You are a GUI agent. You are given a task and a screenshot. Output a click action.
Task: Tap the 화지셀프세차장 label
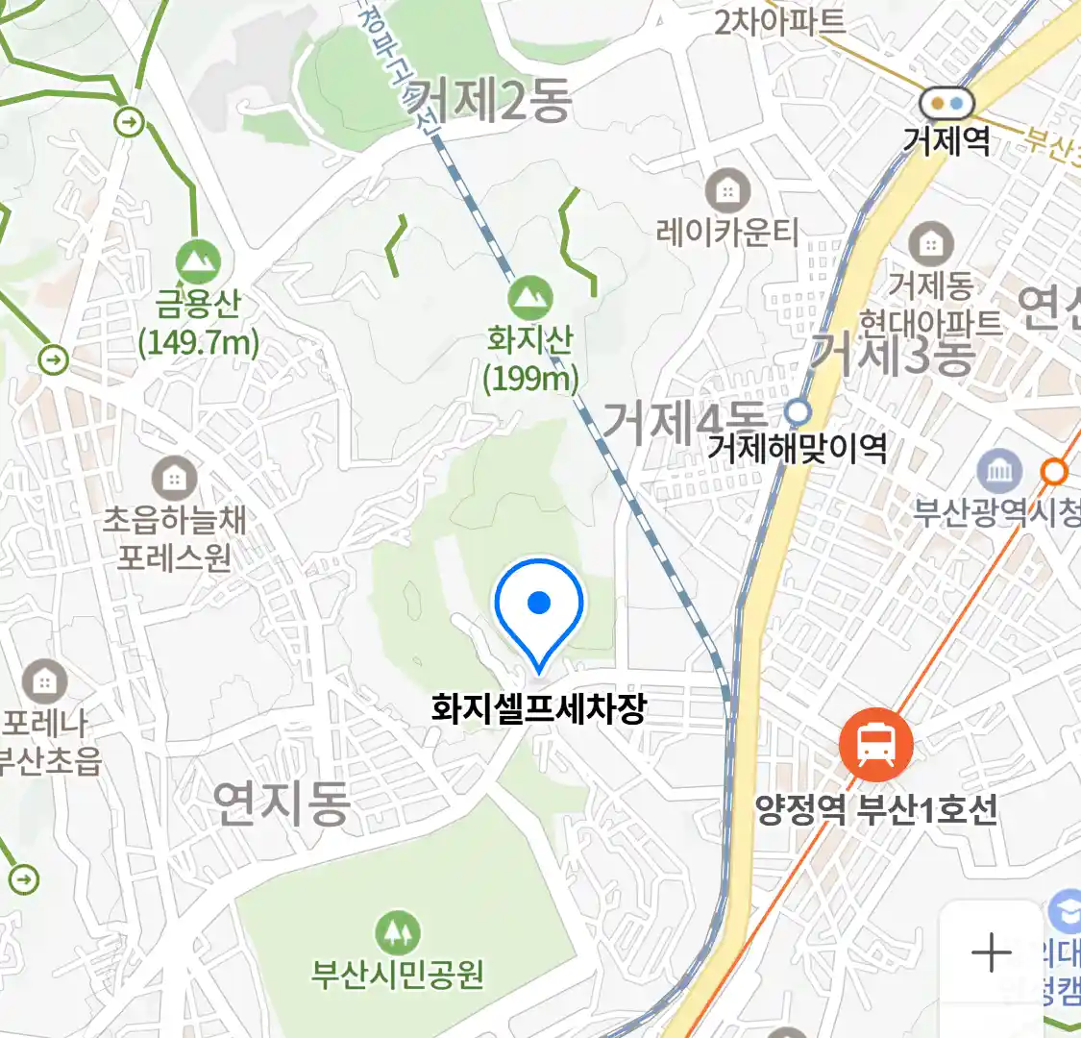click(539, 709)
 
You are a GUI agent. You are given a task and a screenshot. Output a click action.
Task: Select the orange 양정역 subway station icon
click(875, 745)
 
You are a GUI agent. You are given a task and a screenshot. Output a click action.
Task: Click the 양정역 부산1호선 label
click(876, 810)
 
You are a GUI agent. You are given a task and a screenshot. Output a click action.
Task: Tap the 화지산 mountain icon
click(529, 298)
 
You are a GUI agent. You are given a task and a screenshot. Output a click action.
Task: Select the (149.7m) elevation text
click(199, 342)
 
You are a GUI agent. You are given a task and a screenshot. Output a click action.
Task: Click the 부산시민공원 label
click(397, 975)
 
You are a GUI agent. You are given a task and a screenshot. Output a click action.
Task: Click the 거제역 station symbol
click(946, 103)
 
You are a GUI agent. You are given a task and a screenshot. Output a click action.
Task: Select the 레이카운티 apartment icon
click(728, 192)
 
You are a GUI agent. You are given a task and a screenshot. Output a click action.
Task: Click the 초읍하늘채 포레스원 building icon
click(174, 478)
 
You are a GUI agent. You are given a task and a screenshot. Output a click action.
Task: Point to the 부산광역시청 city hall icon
click(999, 471)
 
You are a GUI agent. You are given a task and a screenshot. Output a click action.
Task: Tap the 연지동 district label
click(281, 803)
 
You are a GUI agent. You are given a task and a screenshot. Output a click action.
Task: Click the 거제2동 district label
click(490, 100)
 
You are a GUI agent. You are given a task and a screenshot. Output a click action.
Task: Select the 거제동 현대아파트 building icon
click(930, 244)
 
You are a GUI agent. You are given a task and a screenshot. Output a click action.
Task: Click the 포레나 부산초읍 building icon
click(44, 682)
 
